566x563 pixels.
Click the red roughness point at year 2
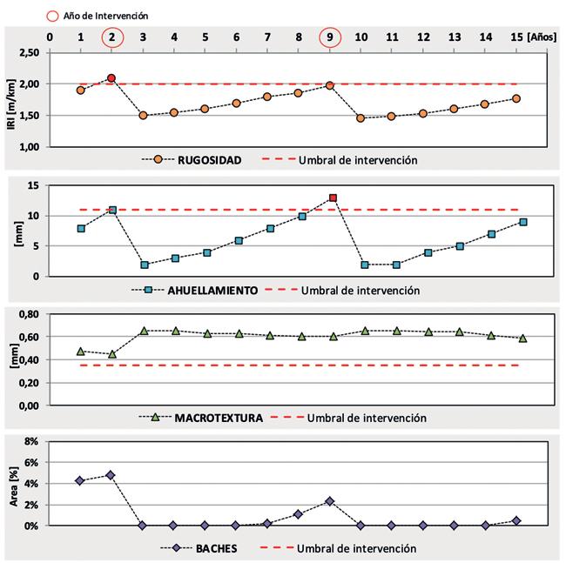pyautogui.click(x=111, y=78)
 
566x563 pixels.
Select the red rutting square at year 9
pyautogui.click(x=333, y=198)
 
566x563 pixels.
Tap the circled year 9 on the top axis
pyautogui.click(x=330, y=37)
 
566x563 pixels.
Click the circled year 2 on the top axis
pyautogui.click(x=111, y=37)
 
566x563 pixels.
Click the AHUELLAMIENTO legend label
pyautogui.click(x=213, y=291)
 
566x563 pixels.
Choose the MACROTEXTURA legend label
pyautogui.click(x=219, y=418)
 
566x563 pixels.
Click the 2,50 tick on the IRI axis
pyautogui.click(x=28, y=53)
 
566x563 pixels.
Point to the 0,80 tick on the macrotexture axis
pyautogui.click(x=28, y=313)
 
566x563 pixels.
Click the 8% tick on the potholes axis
pyautogui.click(x=30, y=442)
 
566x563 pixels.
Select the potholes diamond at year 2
pyautogui.click(x=111, y=475)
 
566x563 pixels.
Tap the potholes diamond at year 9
pyautogui.click(x=330, y=501)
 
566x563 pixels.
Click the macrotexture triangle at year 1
pyautogui.click(x=80, y=352)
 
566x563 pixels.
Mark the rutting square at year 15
pyautogui.click(x=523, y=222)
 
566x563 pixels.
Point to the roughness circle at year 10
pyautogui.click(x=360, y=117)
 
